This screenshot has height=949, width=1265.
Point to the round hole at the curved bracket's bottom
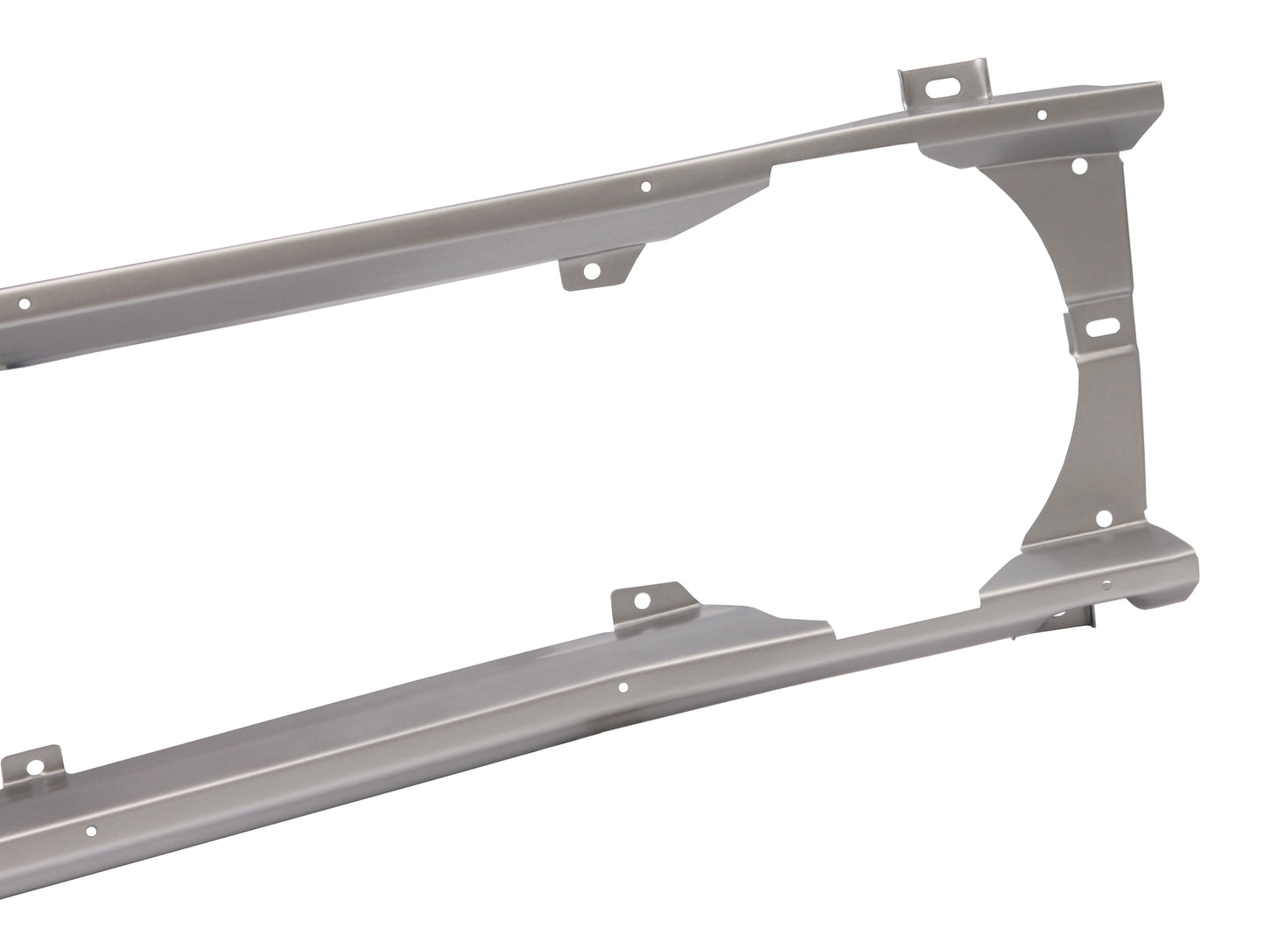pos(1103,519)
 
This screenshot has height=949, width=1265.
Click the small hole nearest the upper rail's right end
pos(1041,114)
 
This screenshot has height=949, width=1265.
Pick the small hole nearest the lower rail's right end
pos(1107,584)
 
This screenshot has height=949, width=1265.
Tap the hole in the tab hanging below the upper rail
pos(592,271)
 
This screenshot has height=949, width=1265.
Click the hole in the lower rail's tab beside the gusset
pos(643,601)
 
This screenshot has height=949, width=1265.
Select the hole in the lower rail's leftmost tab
pos(35,768)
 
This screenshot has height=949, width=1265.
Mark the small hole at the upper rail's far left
pos(25,305)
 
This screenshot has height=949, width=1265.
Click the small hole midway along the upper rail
pos(645,186)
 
